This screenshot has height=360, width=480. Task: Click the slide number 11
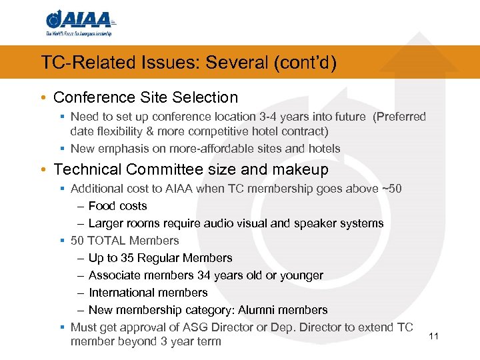[x=433, y=336]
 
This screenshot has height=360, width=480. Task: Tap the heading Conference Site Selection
[x=145, y=97]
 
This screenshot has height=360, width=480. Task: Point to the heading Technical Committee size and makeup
[x=191, y=169]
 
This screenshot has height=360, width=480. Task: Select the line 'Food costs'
[x=117, y=206]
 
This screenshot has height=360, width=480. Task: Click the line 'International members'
[x=148, y=293]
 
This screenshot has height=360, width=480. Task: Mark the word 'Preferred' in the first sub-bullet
[x=399, y=117]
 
